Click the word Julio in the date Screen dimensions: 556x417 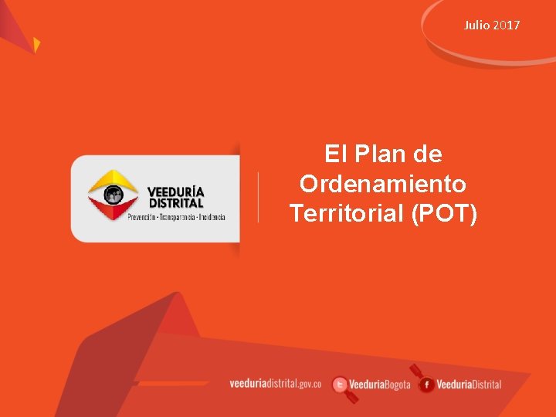477,25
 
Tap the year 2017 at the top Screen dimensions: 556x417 507,25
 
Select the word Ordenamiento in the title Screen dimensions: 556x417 382,184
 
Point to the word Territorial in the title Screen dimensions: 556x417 347,213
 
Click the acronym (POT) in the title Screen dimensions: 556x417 444,213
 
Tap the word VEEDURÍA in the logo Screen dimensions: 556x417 176,192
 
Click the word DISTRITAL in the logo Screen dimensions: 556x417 176,203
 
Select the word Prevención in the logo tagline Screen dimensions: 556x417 141,217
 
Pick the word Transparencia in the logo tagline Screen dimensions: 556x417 178,217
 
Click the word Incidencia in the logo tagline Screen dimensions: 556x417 212,217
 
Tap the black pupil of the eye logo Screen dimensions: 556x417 114,195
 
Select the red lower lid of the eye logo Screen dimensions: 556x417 113,208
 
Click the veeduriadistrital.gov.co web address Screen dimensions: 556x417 276,384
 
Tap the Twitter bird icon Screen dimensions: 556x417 339,385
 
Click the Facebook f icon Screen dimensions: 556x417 426,385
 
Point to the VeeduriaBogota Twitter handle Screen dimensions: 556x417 380,385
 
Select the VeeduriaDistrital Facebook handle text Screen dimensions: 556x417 470,385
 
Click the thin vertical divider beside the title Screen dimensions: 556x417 258,197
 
